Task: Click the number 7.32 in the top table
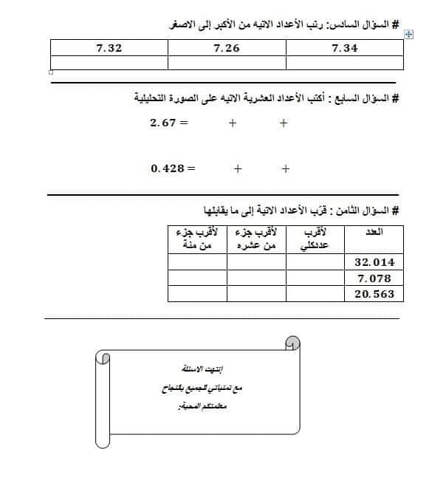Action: pyautogui.click(x=109, y=48)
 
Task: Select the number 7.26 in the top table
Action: pyautogui.click(x=227, y=48)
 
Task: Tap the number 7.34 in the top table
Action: pyautogui.click(x=345, y=48)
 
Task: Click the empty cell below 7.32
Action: pyautogui.click(x=109, y=63)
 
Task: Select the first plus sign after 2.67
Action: pyautogui.click(x=232, y=123)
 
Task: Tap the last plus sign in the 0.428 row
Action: pyautogui.click(x=286, y=168)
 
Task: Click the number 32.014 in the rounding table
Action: pyautogui.click(x=374, y=262)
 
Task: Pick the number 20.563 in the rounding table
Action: pyautogui.click(x=374, y=294)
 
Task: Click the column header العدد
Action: pyautogui.click(x=374, y=233)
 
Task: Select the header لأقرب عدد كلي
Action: pyautogui.click(x=315, y=239)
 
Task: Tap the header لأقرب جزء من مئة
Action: pyautogui.click(x=196, y=239)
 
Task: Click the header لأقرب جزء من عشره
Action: pyautogui.click(x=255, y=239)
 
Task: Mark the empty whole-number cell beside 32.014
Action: pyautogui.click(x=315, y=262)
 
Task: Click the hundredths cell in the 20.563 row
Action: pyautogui.click(x=196, y=294)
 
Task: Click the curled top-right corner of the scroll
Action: pyautogui.click(x=292, y=342)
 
